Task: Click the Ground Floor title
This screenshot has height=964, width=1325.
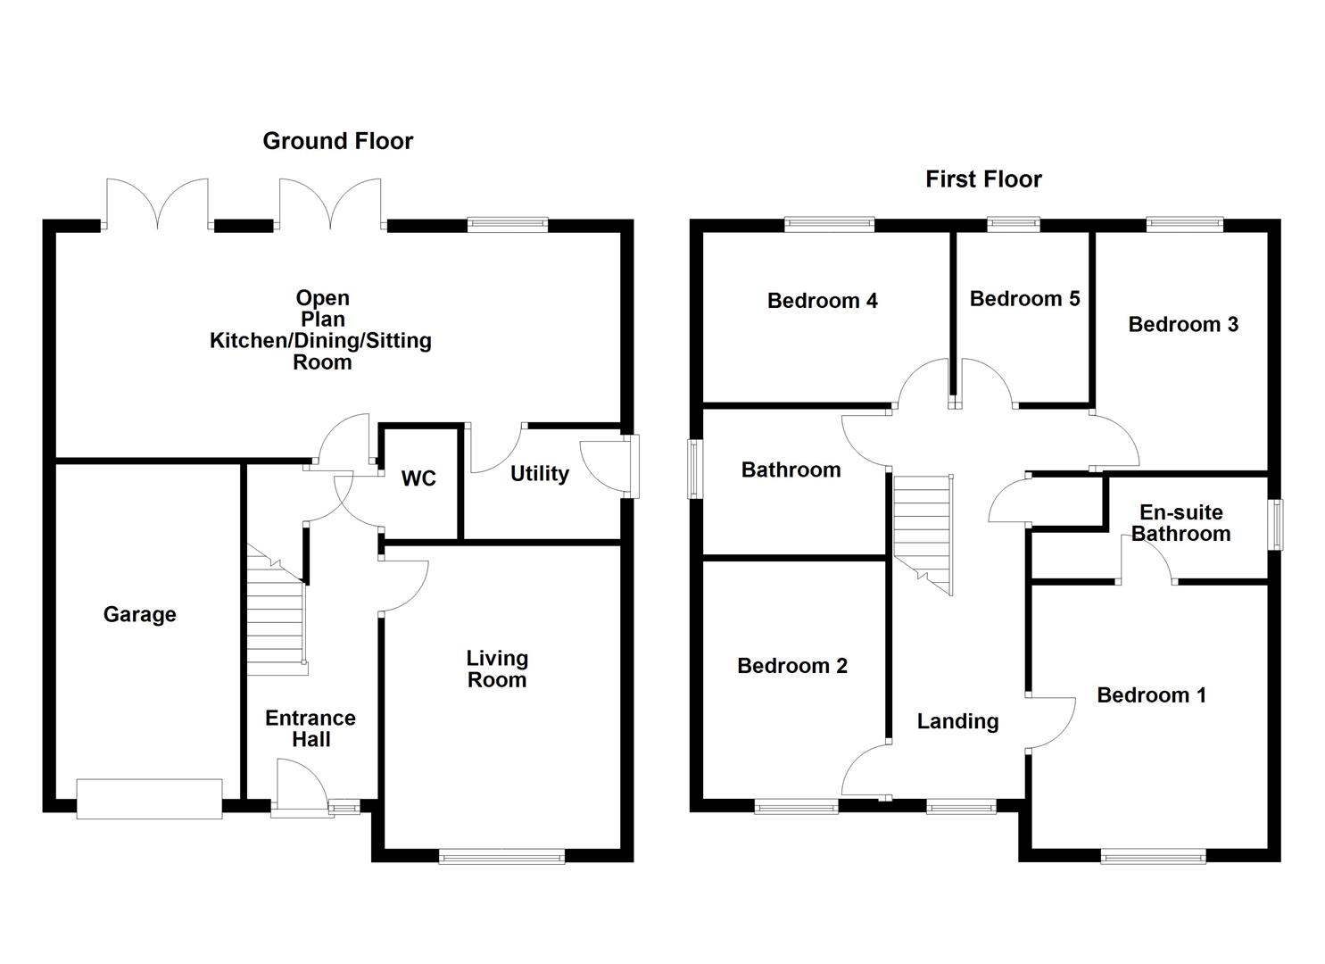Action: coord(337,141)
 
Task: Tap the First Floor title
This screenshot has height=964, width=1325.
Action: coord(983,179)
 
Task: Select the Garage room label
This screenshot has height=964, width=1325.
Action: coord(140,614)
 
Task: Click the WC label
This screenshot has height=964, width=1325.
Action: coord(418,478)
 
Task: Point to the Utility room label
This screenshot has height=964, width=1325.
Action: coord(539,473)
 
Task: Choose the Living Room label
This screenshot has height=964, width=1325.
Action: coord(497,669)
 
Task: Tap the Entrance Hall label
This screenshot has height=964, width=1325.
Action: coord(311,728)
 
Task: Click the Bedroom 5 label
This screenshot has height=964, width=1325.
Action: coord(1024,298)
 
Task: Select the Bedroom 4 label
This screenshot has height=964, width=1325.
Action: coord(822,301)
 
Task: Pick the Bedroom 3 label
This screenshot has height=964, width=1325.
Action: coord(1183,324)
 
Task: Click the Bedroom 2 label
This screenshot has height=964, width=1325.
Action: coord(792,665)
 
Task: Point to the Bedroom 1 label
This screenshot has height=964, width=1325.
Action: coord(1151,694)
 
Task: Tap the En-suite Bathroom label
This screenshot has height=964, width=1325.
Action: coord(1181,523)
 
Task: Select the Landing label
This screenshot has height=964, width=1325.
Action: coord(957,721)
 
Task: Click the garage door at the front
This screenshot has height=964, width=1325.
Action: coord(149,798)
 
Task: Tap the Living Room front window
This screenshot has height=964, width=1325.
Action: coord(501,857)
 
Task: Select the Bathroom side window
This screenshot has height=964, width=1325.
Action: coord(693,469)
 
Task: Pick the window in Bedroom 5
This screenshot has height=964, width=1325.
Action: coord(1013,225)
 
